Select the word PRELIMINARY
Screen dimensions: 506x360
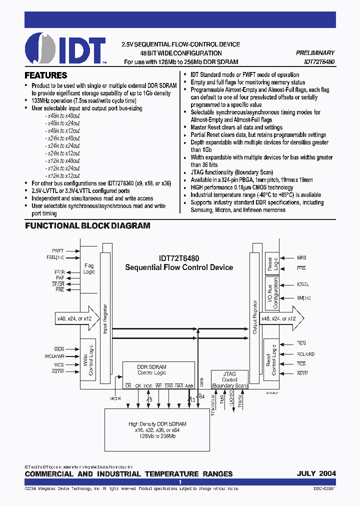point(315,53)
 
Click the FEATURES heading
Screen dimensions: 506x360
point(46,76)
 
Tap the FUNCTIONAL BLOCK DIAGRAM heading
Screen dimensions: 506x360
point(87,226)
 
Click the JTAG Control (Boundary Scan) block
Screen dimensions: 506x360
point(229,380)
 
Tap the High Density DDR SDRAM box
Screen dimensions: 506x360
point(157,429)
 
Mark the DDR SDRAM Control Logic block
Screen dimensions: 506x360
point(151,370)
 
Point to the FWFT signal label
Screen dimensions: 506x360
point(58,250)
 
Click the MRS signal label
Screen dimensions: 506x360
point(301,258)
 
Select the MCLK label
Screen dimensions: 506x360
point(116,398)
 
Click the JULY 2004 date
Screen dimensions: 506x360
point(316,473)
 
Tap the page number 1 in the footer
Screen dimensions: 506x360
point(180,482)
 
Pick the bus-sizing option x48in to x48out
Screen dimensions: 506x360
point(62,115)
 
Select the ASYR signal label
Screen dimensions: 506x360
point(302,373)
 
